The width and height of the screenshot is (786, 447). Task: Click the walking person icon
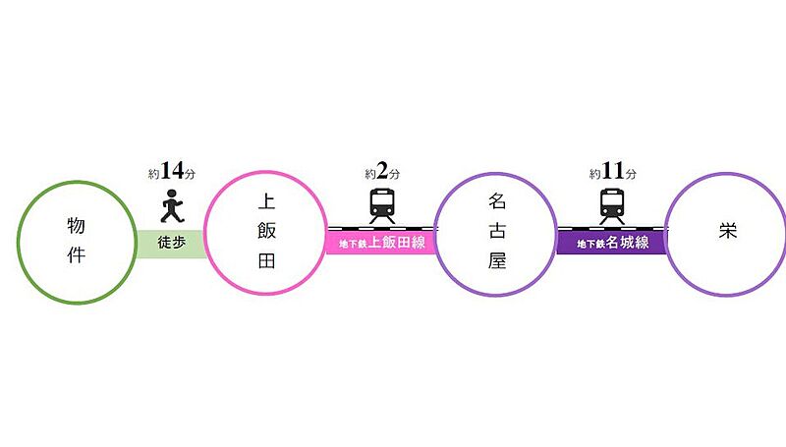point(170,207)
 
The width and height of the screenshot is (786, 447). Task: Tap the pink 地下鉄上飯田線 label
point(382,242)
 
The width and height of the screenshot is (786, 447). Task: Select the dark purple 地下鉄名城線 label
point(612,242)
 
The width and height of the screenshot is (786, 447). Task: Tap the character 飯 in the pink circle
point(266,233)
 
